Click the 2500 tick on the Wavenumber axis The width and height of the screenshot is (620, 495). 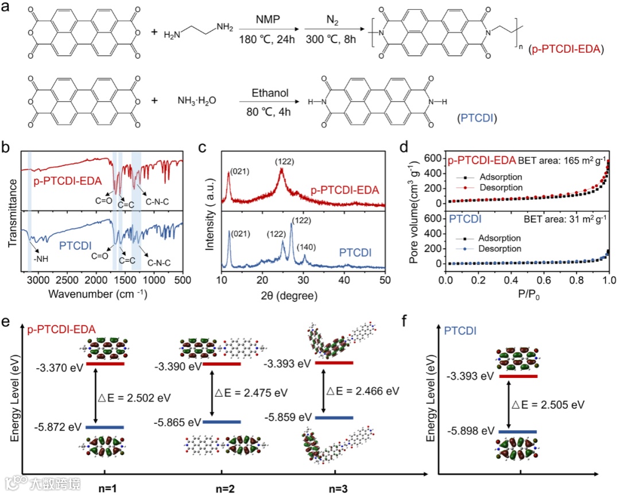point(67,280)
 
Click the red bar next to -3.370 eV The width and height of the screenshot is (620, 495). point(104,363)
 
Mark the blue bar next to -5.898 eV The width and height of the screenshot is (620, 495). point(518,431)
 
